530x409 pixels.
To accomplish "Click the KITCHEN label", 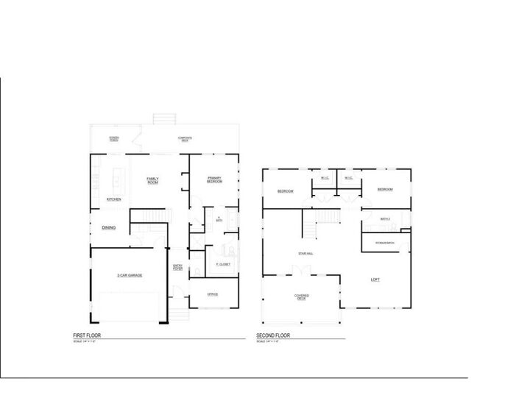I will [x=113, y=199].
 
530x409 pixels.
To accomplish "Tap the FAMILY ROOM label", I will [x=153, y=180].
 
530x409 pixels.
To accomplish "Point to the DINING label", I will [x=108, y=228].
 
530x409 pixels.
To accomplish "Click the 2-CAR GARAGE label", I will [x=129, y=275].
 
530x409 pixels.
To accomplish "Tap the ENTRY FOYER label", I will [x=177, y=268].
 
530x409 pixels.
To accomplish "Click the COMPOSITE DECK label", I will [x=185, y=138].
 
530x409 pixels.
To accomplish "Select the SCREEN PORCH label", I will [x=114, y=138].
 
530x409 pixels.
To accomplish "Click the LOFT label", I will [x=375, y=279].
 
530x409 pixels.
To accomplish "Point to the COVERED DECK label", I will [x=302, y=297].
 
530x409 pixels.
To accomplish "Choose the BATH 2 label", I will [x=385, y=218].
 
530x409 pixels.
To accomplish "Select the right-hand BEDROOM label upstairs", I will [x=385, y=190].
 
